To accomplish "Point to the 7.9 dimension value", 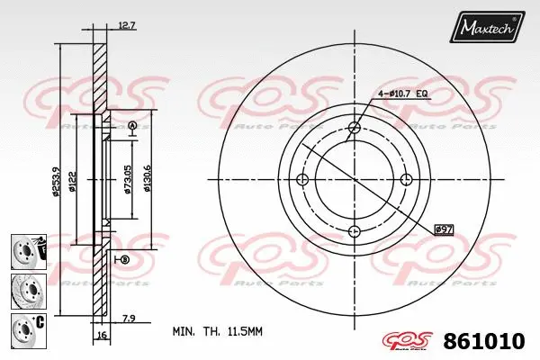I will [128, 316].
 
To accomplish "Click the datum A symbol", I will [131, 124].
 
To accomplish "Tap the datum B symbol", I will [124, 259].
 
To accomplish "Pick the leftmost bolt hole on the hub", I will [301, 180].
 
